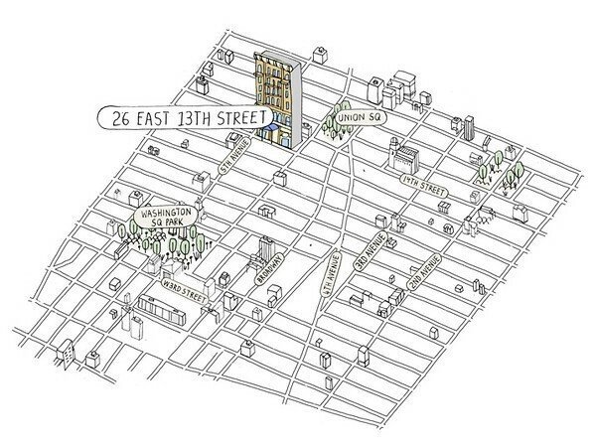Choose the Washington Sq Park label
click(x=165, y=218)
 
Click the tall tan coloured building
click(x=275, y=89)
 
